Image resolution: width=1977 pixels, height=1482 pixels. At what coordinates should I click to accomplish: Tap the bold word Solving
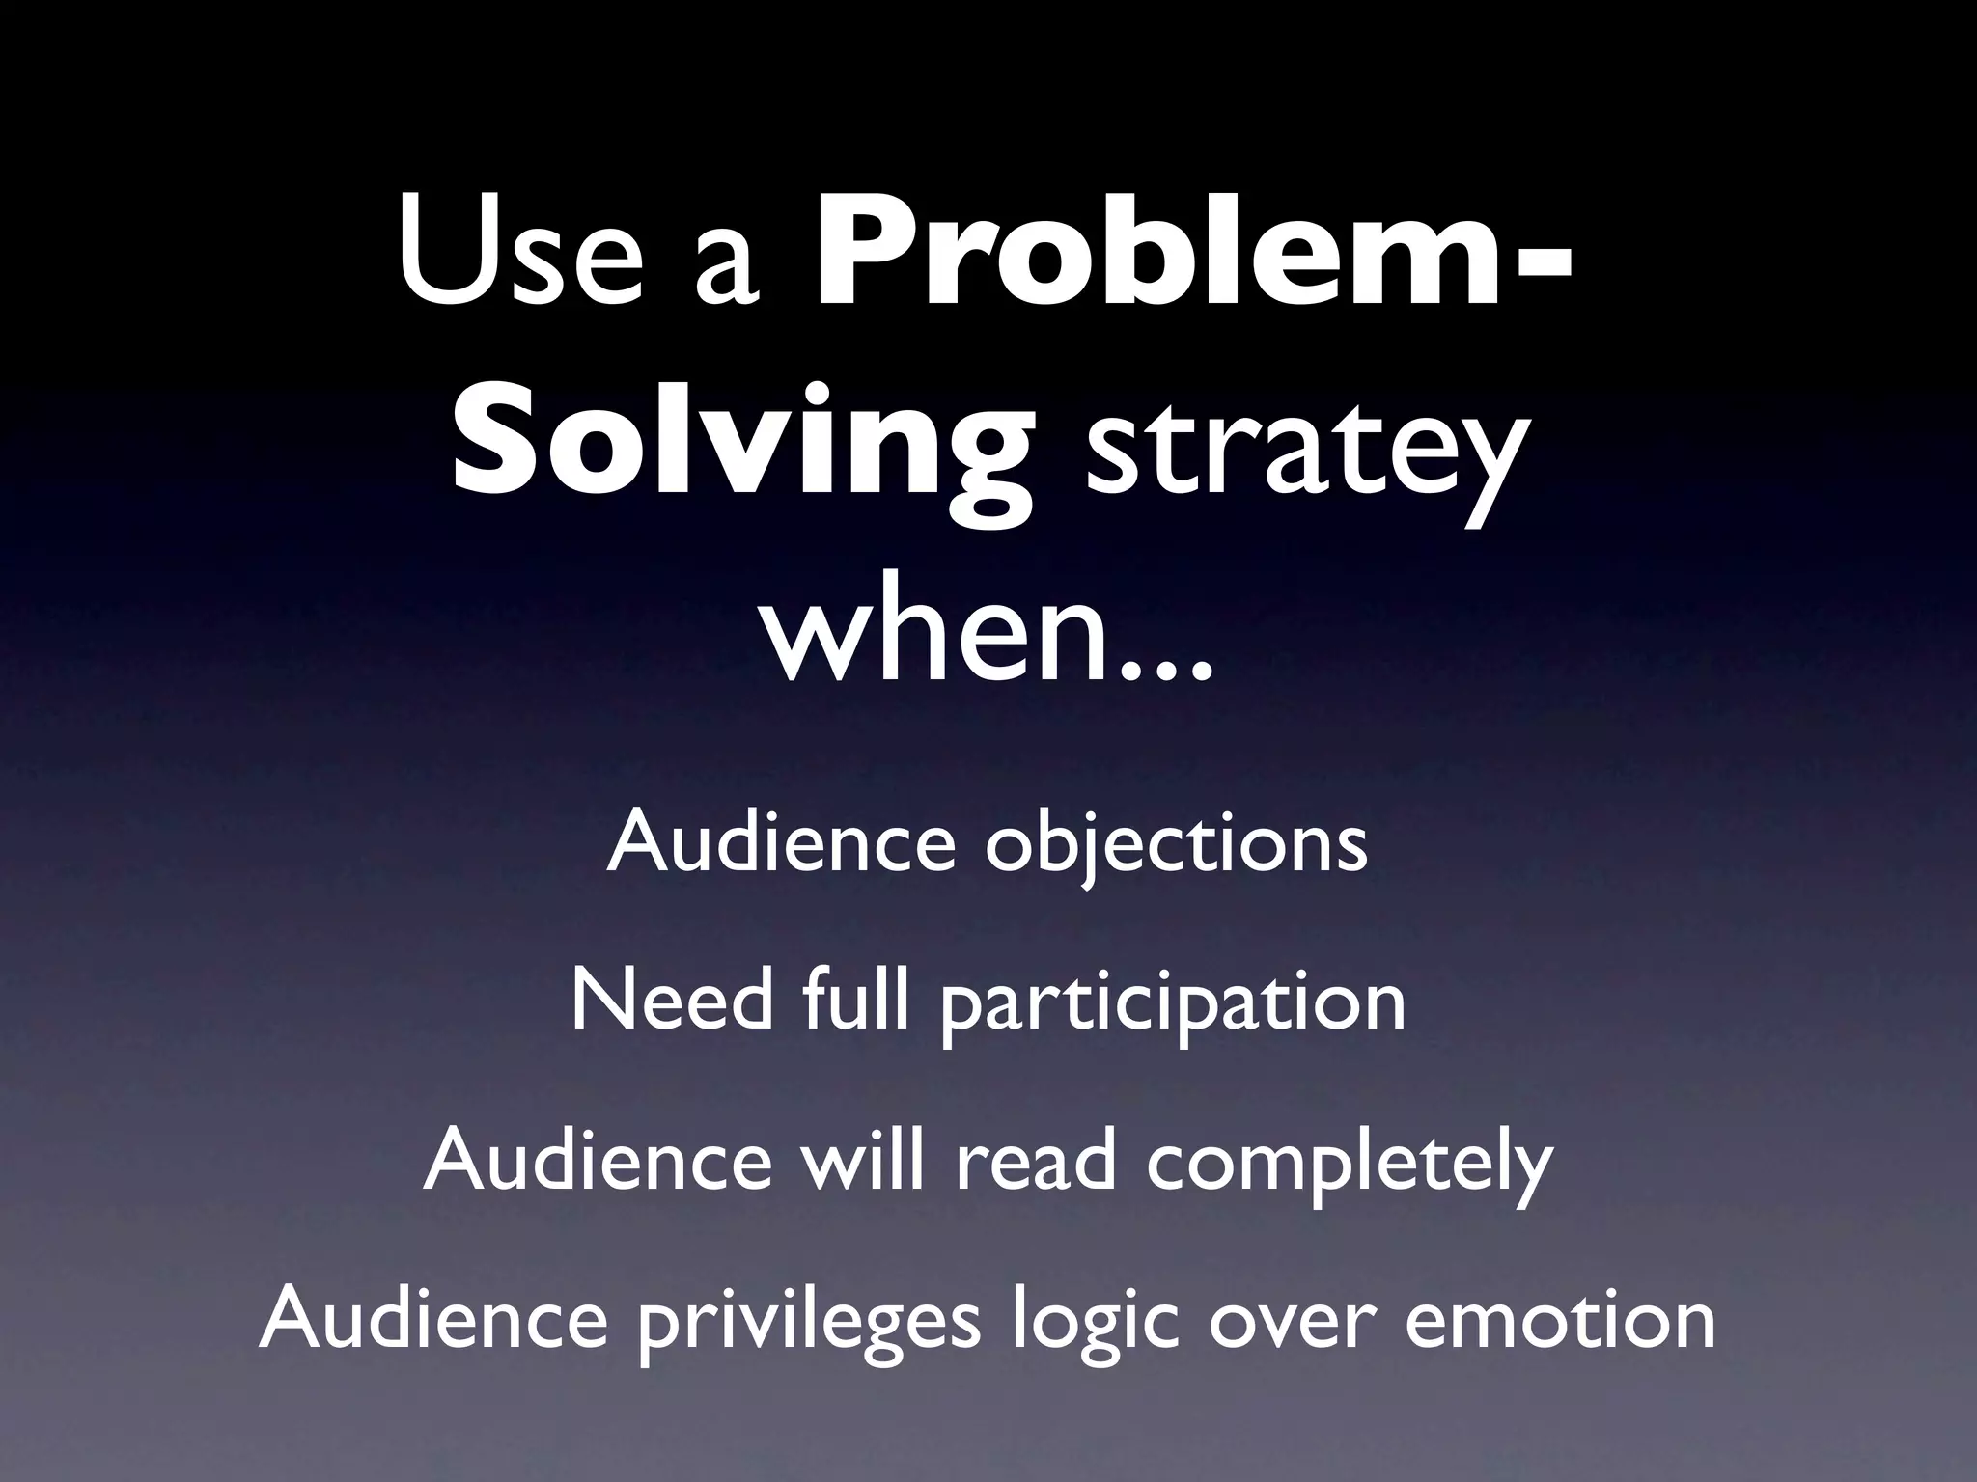741,446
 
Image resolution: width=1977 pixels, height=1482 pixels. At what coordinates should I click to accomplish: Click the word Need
672,1002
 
